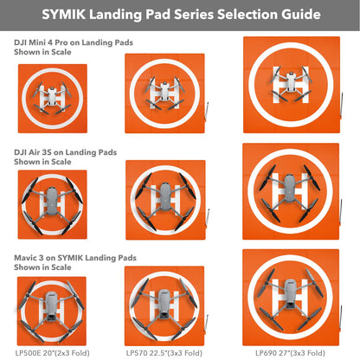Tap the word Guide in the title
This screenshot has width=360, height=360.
point(297,15)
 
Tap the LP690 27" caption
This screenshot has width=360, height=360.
point(290,352)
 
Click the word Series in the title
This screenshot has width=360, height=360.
point(177,15)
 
